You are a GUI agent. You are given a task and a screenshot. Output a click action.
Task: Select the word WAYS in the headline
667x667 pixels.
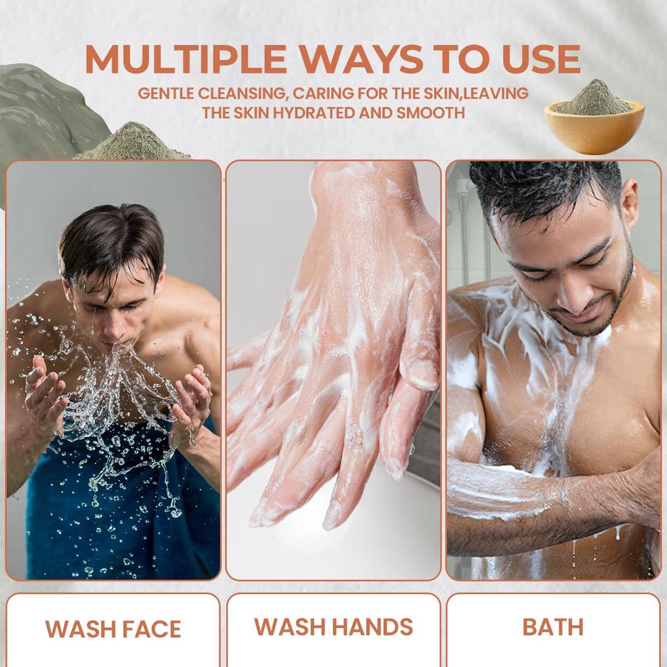[x=361, y=59]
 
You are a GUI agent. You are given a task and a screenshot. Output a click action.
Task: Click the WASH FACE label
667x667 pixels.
[x=113, y=629]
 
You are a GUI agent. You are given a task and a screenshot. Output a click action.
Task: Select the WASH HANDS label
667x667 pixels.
[x=333, y=626]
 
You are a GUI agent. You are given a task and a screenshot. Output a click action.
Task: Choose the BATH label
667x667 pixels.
[x=553, y=627]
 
